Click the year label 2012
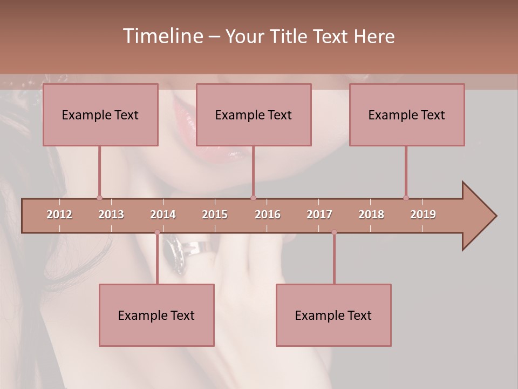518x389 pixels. [59, 214]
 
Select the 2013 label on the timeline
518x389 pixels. [111, 214]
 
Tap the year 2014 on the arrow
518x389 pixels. [163, 214]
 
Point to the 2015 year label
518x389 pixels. [215, 214]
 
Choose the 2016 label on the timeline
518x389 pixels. [268, 214]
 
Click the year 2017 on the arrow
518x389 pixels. [319, 214]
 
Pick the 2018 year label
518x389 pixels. [371, 214]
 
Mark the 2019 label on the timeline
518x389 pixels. [423, 214]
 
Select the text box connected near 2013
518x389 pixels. [100, 115]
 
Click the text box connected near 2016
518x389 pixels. [254, 115]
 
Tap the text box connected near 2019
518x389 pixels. [407, 115]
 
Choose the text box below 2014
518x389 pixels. [156, 315]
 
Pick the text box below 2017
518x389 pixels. [333, 315]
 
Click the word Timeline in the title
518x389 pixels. [162, 36]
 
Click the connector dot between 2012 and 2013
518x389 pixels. [99, 198]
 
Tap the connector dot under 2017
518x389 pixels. [334, 232]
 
